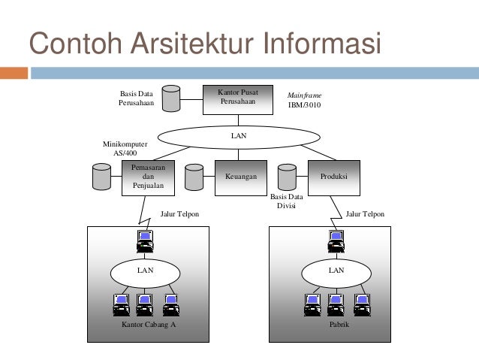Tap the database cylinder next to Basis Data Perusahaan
pos(171,98)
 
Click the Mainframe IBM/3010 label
pos(304,101)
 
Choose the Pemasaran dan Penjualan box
pos(148,177)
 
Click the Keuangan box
pos(241,177)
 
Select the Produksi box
pos(334,177)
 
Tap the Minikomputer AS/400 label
pos(125,147)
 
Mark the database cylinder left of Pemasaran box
pos(100,176)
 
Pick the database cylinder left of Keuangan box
pos(194,176)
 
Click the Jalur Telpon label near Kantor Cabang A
pos(180,214)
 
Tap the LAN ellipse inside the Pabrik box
pos(336,269)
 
